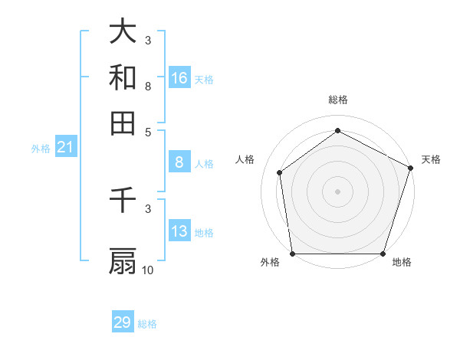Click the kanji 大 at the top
point(123,31)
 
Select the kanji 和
point(123,77)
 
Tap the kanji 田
point(123,123)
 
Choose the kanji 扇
point(123,261)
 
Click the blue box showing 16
point(179,77)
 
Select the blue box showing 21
point(64,147)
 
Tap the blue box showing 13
point(179,231)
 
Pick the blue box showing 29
point(123,322)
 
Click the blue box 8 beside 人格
point(179,162)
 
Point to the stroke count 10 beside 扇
point(148,270)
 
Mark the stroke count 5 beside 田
point(148,131)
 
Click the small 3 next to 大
point(148,40)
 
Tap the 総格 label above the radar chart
point(337,100)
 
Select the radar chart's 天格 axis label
point(431,159)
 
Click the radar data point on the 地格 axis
point(383,254)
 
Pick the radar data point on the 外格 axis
point(292,254)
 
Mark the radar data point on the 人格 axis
point(280,172)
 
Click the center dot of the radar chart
point(337,191)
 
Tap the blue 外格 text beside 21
point(41,149)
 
